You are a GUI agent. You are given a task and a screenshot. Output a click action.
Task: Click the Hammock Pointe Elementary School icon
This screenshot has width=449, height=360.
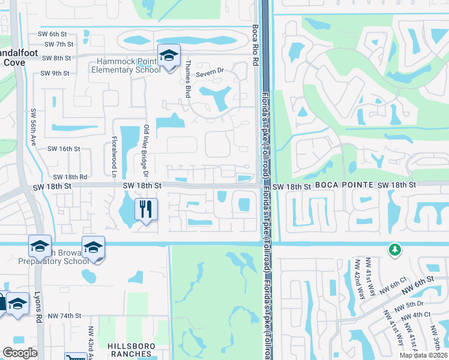point(169,56)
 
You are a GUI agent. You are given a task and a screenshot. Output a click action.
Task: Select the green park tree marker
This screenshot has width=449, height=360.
point(394,249)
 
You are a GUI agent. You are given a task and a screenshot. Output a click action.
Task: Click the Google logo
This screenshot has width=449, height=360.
point(20,353)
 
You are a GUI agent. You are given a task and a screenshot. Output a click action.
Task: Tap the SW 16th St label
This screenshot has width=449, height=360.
point(64,149)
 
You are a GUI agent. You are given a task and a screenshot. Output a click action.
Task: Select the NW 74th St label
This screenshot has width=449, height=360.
point(64,316)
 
